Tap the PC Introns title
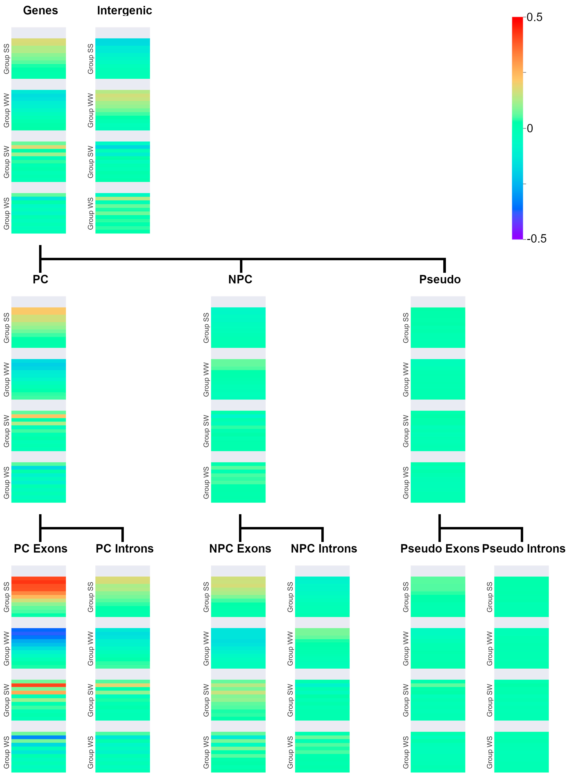124,548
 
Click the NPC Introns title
324,548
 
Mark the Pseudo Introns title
523,548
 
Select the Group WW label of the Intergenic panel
90,110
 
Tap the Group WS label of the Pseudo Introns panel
490,752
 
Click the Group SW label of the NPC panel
206,431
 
